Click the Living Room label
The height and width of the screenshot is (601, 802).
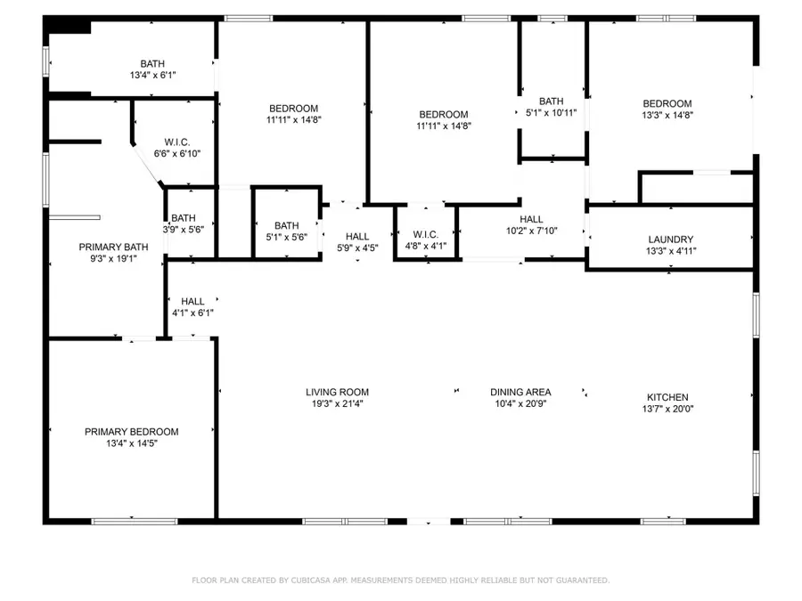click(x=337, y=392)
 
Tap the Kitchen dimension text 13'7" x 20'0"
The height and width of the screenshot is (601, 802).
click(x=667, y=410)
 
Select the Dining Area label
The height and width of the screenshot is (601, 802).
click(x=520, y=392)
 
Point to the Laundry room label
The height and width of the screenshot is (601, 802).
click(x=670, y=240)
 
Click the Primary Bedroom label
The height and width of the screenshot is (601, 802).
click(x=131, y=432)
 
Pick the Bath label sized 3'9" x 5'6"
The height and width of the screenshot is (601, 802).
click(x=184, y=218)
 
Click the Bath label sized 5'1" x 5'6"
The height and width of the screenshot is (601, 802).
click(x=287, y=225)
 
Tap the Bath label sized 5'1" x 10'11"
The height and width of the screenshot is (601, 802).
click(x=551, y=101)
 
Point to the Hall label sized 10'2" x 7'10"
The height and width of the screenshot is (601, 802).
click(x=531, y=219)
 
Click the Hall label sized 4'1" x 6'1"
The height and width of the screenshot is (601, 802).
click(x=192, y=302)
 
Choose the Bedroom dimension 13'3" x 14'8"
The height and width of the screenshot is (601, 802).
click(x=667, y=115)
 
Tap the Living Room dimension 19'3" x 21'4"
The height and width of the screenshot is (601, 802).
click(x=337, y=403)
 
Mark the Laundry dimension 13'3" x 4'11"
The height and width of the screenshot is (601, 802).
click(x=670, y=251)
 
